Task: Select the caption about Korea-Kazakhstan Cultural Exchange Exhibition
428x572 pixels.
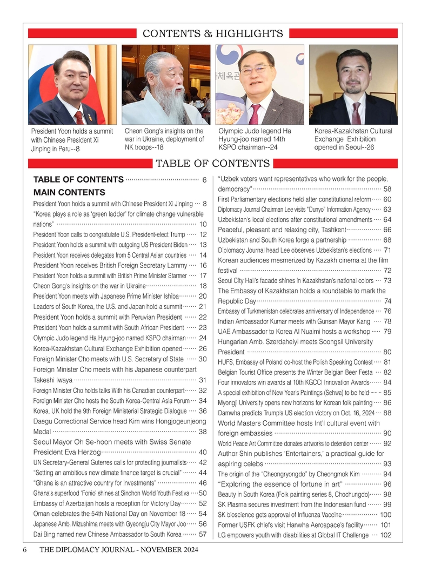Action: pos(353,139)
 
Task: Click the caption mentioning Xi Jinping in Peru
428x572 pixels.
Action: pos(72,140)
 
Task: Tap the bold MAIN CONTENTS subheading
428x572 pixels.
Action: pos(69,192)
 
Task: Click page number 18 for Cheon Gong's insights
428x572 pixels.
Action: pos(203,286)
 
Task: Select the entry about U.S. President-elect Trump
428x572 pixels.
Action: pos(109,234)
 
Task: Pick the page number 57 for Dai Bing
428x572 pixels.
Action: pos(203,534)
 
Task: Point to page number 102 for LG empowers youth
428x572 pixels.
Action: pos(385,535)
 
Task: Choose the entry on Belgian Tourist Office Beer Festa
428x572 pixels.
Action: pos(295,372)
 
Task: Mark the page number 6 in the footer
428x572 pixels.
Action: pos(25,550)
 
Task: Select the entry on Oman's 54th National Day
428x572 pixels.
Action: pos(109,514)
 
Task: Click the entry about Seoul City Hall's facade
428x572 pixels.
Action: pos(296,280)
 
